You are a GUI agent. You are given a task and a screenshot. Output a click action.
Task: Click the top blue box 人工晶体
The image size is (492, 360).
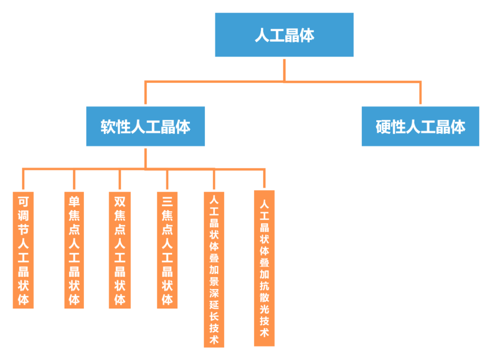point(284,35)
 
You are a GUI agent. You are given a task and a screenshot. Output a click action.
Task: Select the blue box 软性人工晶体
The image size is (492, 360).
point(145,127)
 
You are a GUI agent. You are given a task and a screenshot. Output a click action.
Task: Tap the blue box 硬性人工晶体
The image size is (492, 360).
point(420,127)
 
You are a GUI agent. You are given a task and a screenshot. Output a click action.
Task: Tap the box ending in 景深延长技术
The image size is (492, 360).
point(214,269)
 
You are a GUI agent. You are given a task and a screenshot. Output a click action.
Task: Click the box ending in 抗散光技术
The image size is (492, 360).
point(264,269)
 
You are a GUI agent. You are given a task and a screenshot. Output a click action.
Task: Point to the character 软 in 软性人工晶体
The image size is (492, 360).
point(108,127)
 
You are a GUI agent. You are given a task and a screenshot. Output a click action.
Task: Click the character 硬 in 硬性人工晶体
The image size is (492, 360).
point(384,127)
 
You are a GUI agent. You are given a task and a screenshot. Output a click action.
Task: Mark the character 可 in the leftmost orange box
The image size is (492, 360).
point(23,201)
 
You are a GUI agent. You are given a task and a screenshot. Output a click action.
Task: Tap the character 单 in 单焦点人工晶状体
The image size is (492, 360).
point(74,201)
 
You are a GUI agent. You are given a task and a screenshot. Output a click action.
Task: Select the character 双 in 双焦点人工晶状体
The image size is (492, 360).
point(120,201)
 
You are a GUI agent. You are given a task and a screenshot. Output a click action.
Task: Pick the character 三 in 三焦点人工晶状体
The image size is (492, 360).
point(167,201)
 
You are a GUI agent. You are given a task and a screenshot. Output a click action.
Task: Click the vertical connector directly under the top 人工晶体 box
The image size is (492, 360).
point(284,69)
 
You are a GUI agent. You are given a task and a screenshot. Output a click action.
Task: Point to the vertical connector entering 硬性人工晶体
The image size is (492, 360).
point(420,93)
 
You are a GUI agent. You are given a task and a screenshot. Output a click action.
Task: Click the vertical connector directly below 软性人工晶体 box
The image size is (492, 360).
point(145,157)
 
